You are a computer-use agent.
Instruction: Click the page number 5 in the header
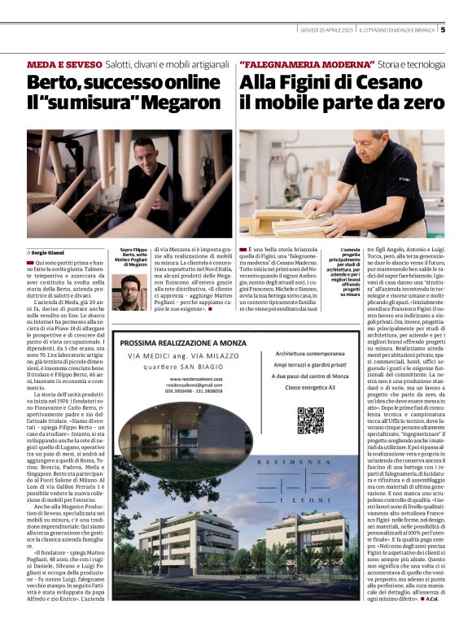point(443,30)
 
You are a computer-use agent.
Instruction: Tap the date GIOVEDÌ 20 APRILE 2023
point(326,30)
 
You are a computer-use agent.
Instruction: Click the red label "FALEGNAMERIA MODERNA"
point(303,63)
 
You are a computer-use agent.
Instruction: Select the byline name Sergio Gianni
point(50,253)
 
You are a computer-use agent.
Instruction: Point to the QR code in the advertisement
point(310,420)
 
